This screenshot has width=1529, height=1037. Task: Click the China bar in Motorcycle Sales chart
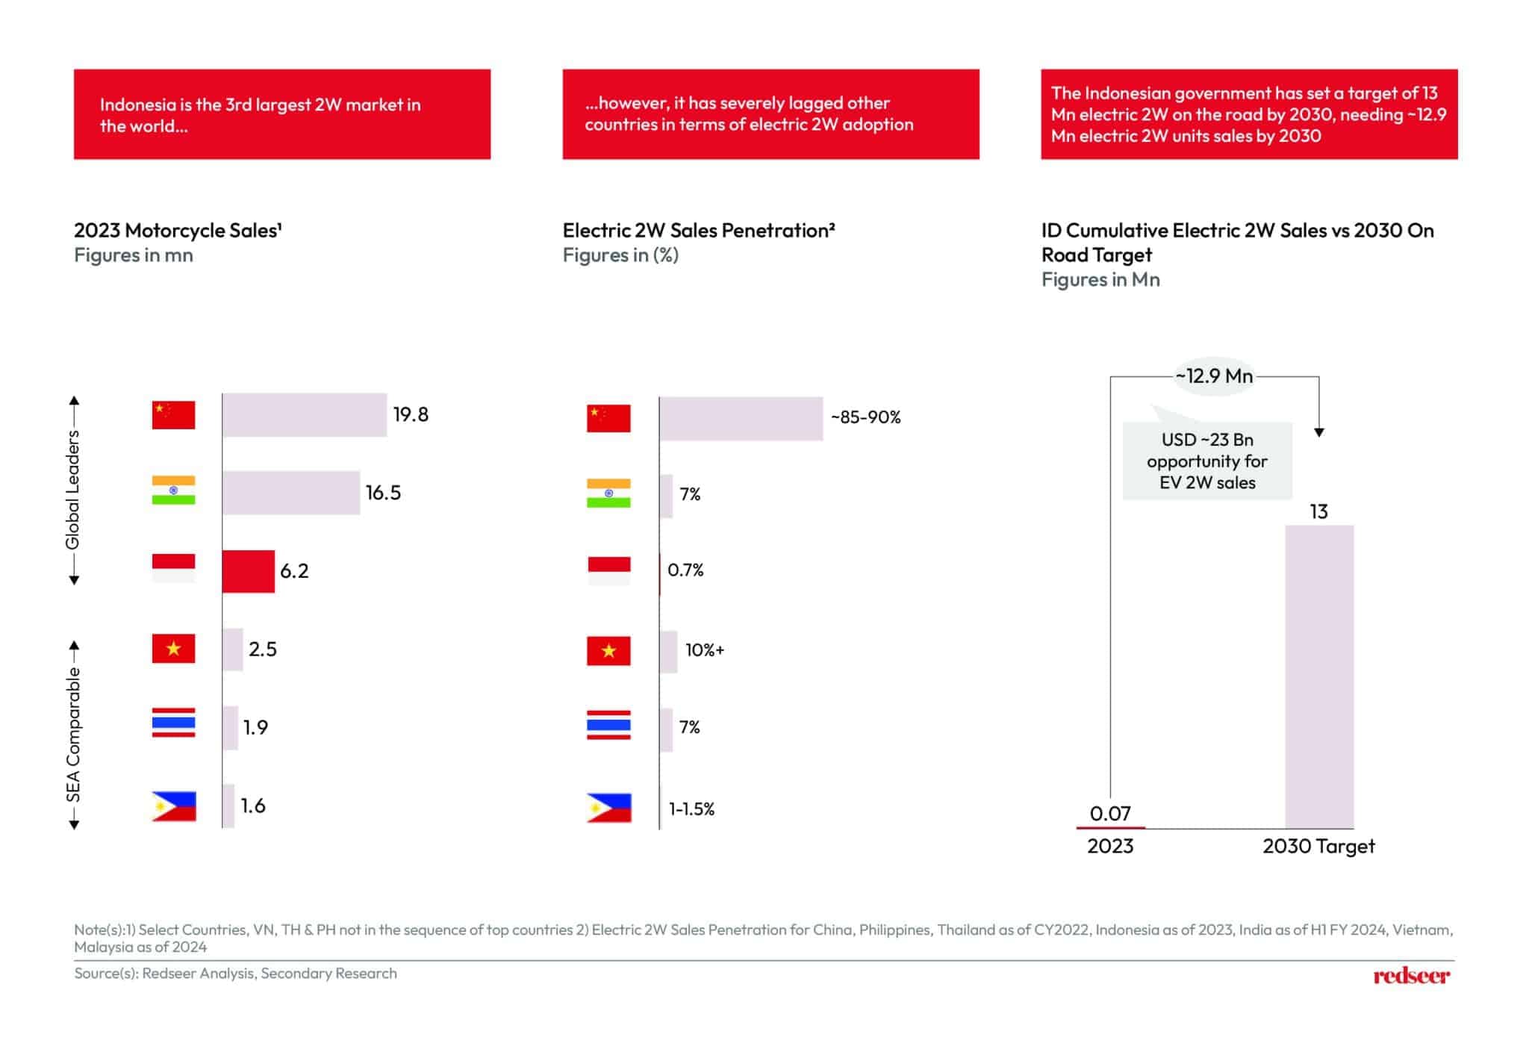click(x=305, y=415)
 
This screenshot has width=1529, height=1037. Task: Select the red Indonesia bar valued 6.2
click(x=249, y=571)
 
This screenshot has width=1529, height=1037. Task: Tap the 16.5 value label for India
click(x=383, y=493)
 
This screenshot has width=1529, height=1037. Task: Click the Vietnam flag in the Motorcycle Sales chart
click(x=173, y=649)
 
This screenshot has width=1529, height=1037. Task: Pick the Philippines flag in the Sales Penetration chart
click(x=609, y=808)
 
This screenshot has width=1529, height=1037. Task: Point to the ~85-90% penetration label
click(x=866, y=417)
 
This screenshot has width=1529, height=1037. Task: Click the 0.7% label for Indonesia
click(x=685, y=570)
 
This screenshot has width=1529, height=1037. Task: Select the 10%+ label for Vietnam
click(x=705, y=650)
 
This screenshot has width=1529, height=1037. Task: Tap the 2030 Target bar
click(x=1319, y=676)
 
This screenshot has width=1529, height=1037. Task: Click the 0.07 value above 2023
click(x=1110, y=813)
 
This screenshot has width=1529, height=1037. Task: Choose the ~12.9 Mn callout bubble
click(x=1214, y=376)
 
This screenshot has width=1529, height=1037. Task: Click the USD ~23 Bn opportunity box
click(x=1207, y=461)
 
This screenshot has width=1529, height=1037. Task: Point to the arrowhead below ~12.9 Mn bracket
click(x=1319, y=432)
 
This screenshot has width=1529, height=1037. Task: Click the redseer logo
click(x=1411, y=976)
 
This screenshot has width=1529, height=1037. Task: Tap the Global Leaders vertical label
click(x=72, y=491)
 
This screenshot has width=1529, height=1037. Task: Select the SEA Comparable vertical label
click(x=73, y=735)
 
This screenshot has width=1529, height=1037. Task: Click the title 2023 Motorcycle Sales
click(x=178, y=231)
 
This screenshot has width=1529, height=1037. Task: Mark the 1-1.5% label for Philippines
click(x=691, y=809)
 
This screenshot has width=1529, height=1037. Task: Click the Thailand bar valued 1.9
click(x=231, y=728)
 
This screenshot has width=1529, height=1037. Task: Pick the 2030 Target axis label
click(x=1318, y=847)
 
